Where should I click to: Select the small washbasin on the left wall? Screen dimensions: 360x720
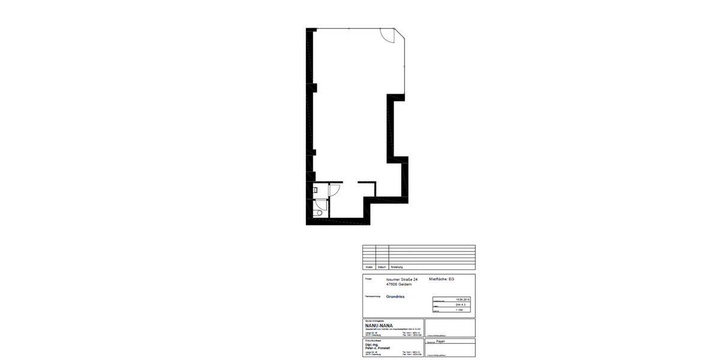coord(316,190)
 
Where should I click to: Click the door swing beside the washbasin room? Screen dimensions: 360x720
coord(335,189)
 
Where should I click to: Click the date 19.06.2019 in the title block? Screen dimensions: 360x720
coord(461,299)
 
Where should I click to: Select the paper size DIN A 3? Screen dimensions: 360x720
coord(461,305)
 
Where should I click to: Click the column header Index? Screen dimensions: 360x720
coord(368,266)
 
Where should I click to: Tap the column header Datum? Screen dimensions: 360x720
coord(382,266)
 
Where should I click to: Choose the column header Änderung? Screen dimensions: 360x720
coord(397,266)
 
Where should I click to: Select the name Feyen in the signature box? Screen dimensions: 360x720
coord(440,341)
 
